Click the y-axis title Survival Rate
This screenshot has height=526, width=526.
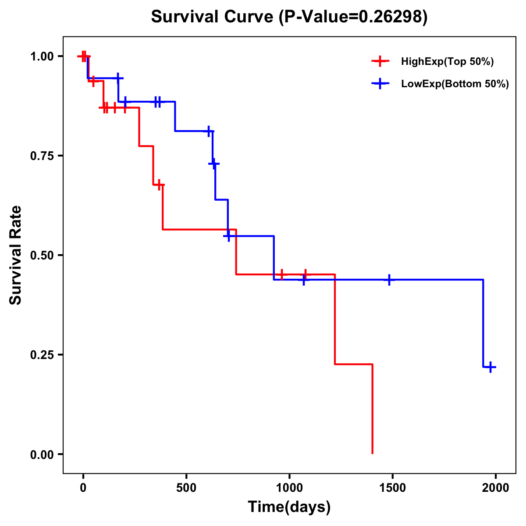pyautogui.click(x=16, y=255)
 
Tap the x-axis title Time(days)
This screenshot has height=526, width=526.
pyautogui.click(x=289, y=507)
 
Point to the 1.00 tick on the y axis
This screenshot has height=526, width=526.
pyautogui.click(x=42, y=57)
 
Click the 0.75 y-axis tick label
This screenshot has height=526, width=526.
pyautogui.click(x=42, y=156)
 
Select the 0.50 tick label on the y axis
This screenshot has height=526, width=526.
pyautogui.click(x=42, y=256)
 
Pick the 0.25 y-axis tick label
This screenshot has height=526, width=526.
pyautogui.click(x=42, y=355)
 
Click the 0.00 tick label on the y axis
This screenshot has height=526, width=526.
pyautogui.click(x=42, y=455)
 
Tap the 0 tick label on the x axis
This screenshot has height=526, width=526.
pyautogui.click(x=83, y=488)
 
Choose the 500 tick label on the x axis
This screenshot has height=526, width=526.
pyautogui.click(x=186, y=488)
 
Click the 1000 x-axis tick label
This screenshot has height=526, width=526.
pyautogui.click(x=289, y=488)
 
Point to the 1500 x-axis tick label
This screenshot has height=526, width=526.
pyautogui.click(x=392, y=488)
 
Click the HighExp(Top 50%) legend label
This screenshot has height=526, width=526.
pyautogui.click(x=447, y=62)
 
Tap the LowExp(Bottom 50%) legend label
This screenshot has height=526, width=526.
pyautogui.click(x=455, y=84)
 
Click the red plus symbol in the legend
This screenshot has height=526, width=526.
pyautogui.click(x=380, y=61)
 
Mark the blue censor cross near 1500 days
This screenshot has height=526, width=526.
pyautogui.click(x=389, y=280)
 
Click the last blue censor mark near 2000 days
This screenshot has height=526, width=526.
pyautogui.click(x=491, y=367)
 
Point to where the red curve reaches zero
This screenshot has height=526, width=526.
pyautogui.click(x=372, y=453)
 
